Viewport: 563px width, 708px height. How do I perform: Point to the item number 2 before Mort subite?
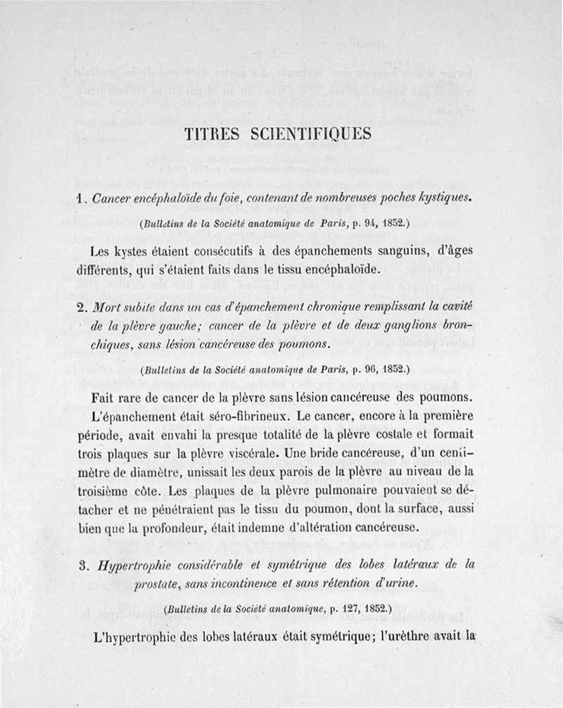[82, 308]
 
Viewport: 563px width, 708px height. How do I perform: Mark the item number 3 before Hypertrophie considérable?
[82, 563]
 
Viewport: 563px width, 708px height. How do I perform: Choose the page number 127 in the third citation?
[336, 607]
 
